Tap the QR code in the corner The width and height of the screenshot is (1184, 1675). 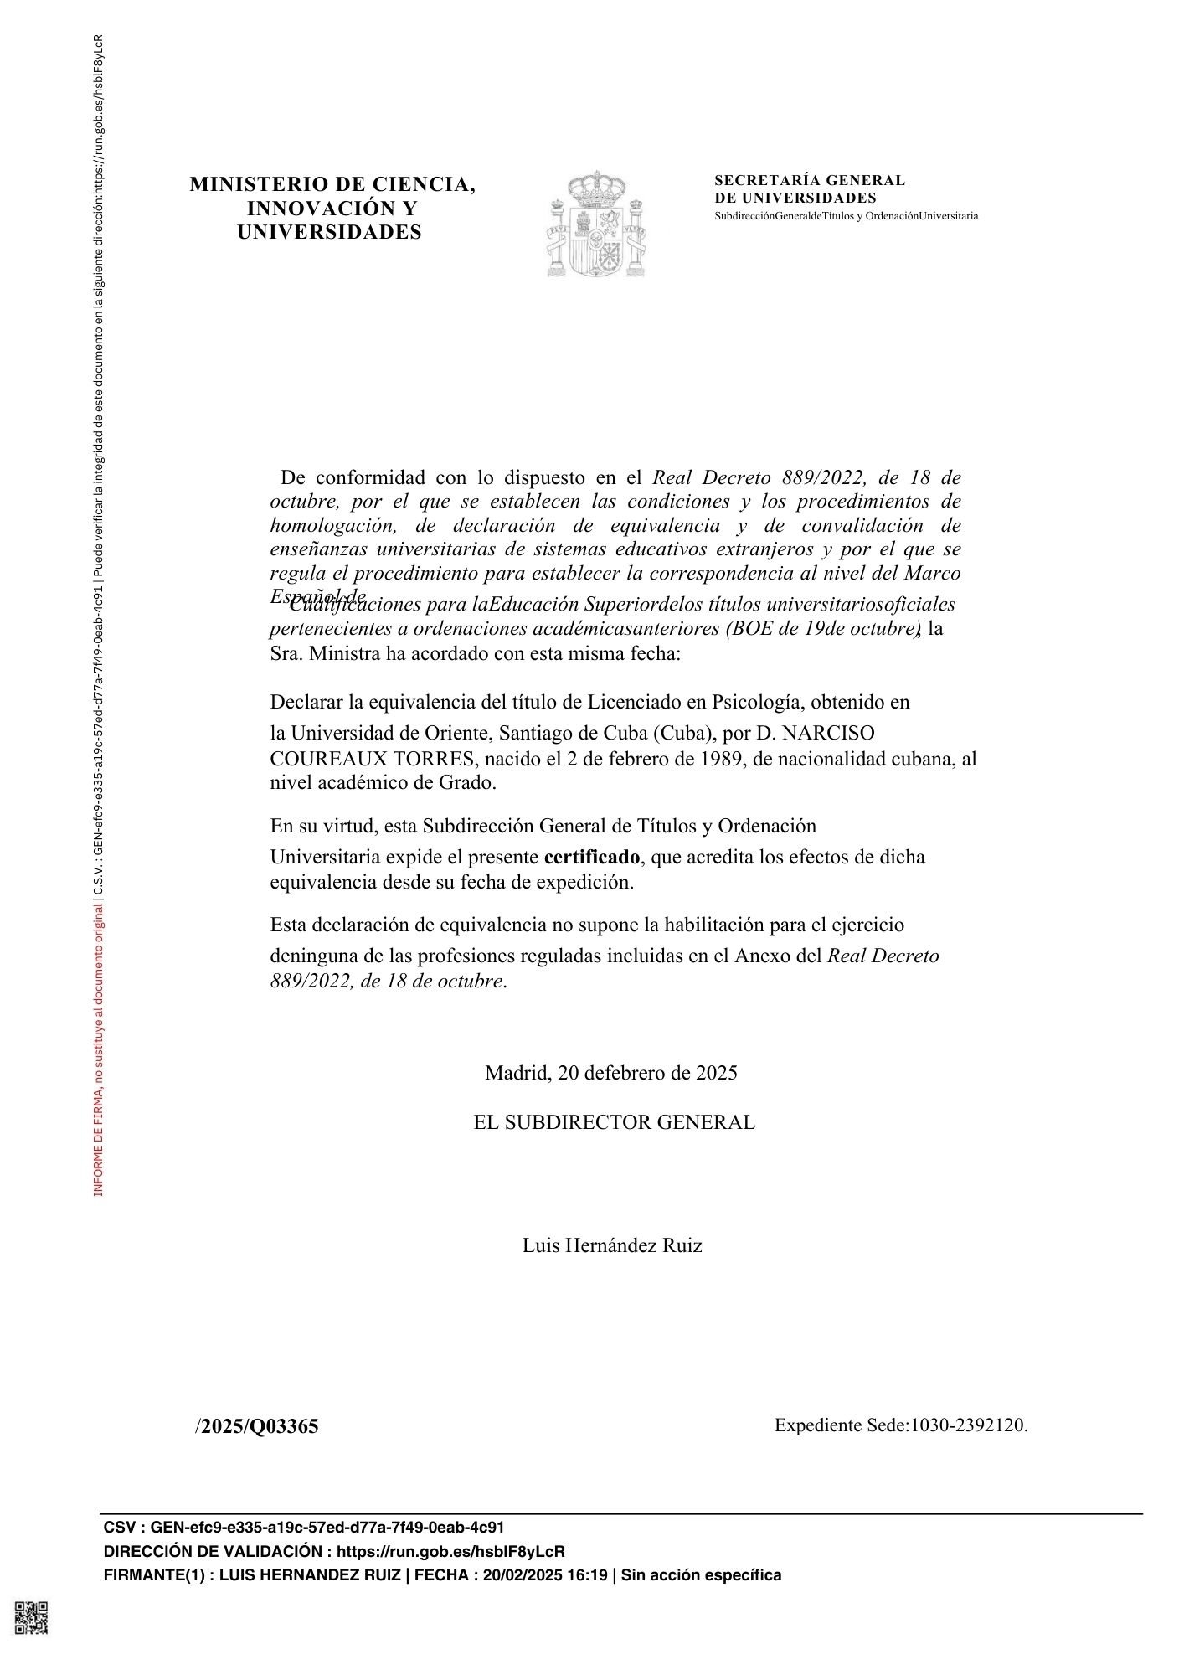point(31,1617)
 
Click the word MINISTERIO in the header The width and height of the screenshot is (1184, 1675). point(257,184)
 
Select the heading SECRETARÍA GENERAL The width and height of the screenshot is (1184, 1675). point(809,180)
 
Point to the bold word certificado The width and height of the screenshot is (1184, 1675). point(591,857)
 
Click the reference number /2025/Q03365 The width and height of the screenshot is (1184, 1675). point(257,1426)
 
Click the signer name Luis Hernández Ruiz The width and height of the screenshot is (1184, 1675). point(612,1245)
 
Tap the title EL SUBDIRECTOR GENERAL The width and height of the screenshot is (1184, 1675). point(614,1122)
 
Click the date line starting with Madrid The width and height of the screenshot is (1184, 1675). point(610,1073)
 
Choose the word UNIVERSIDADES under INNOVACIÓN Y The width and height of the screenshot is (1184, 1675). point(329,232)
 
